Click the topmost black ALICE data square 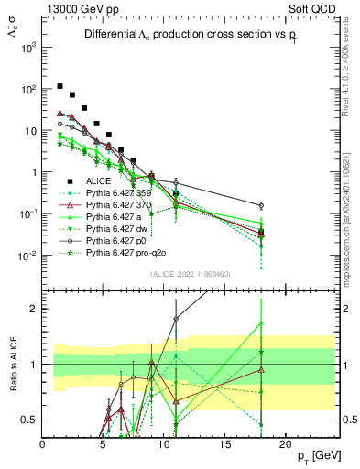pyautogui.click(x=60, y=87)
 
